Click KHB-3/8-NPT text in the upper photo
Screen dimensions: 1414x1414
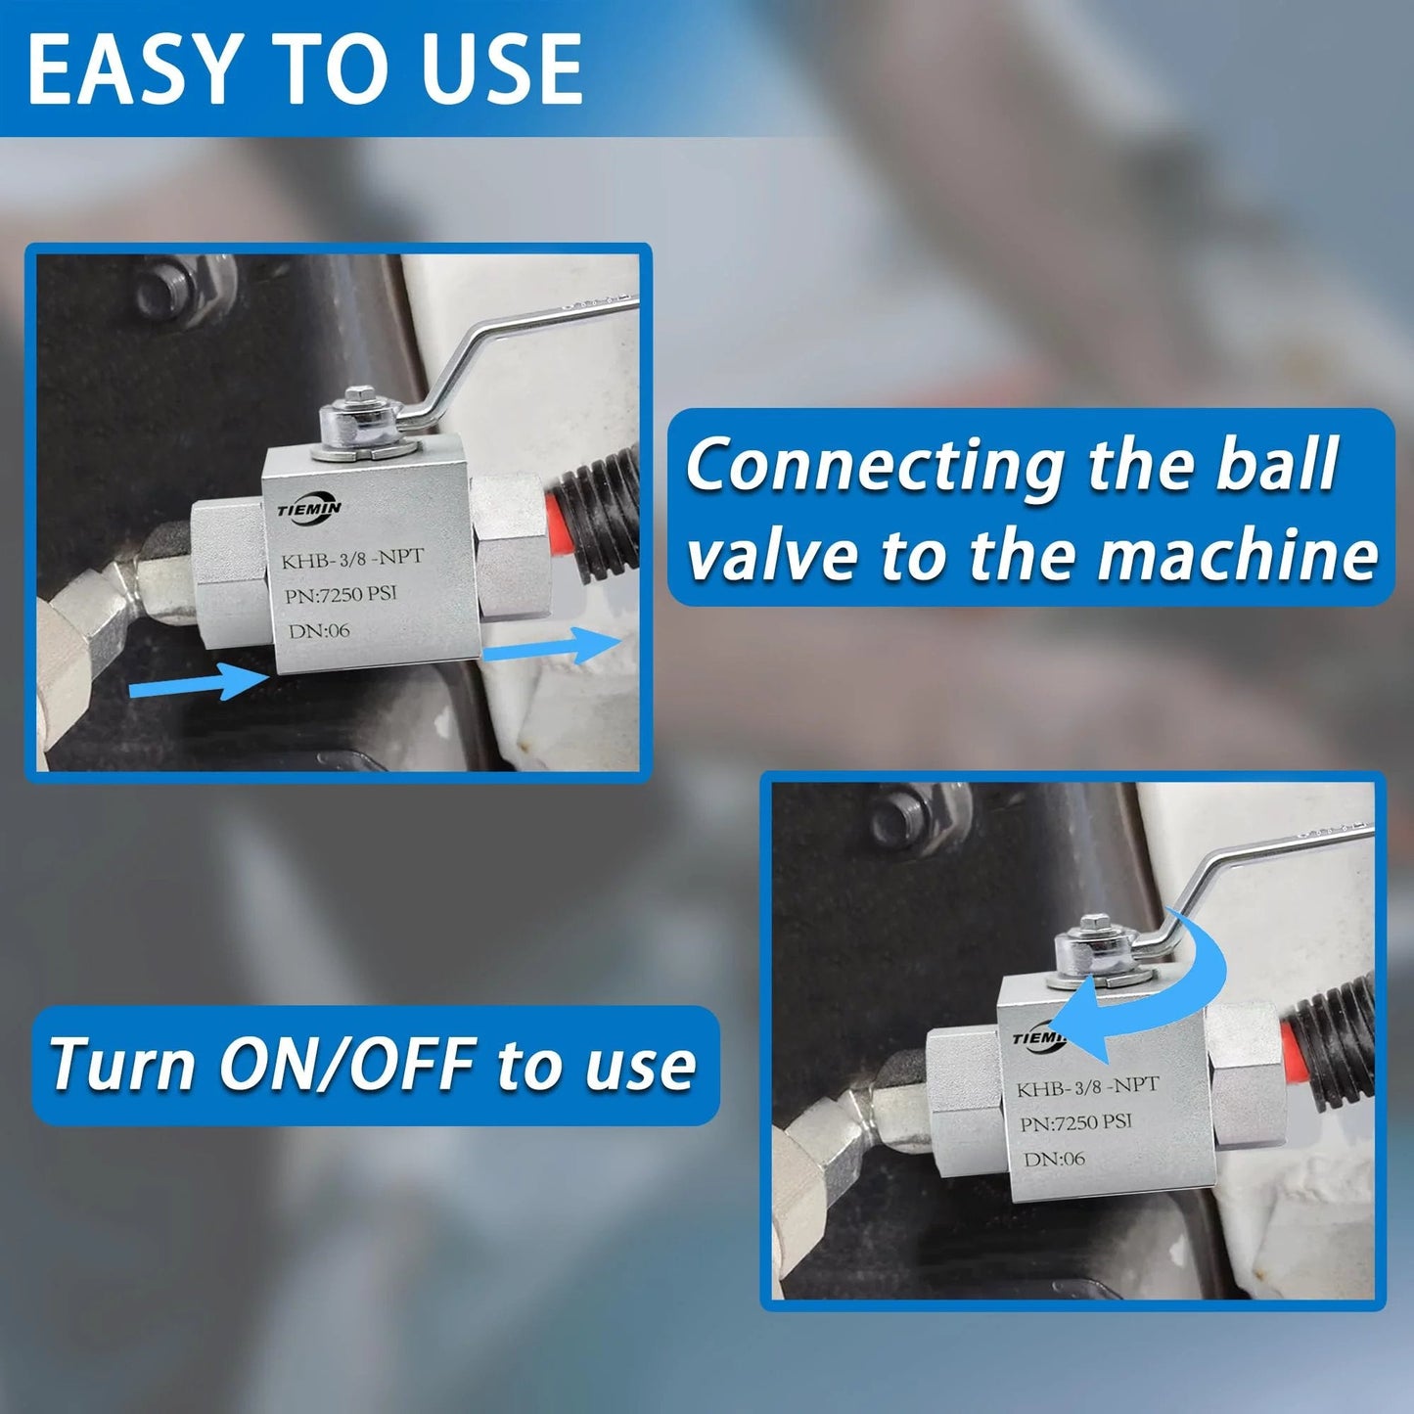pos(353,559)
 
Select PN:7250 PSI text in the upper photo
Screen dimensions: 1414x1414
pos(342,594)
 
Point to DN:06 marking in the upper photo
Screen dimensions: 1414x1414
pos(318,629)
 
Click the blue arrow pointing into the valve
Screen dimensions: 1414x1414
pos(198,681)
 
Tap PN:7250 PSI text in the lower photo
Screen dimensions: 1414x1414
pos(1076,1122)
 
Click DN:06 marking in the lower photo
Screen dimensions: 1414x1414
pos(1055,1160)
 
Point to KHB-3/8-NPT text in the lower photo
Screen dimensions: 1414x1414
pos(1088,1087)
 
